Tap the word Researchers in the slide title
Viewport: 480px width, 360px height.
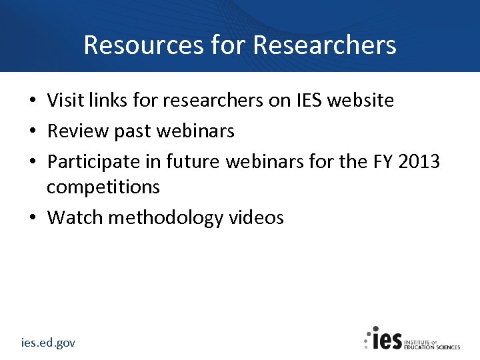pos(325,45)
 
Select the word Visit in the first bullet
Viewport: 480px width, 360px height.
pos(63,101)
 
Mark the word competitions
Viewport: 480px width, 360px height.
pos(103,187)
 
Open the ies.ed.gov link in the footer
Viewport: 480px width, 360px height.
pos(48,343)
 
